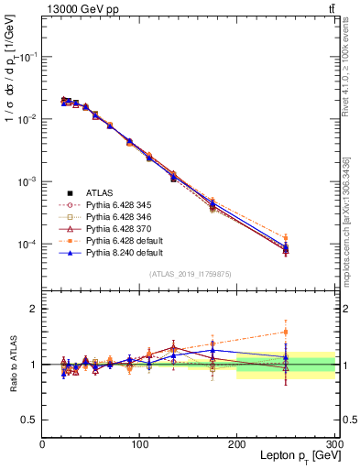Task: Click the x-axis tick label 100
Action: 139,444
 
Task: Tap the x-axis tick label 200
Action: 237,444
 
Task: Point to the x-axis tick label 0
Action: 42,444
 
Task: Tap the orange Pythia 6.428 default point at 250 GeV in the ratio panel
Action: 286,332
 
